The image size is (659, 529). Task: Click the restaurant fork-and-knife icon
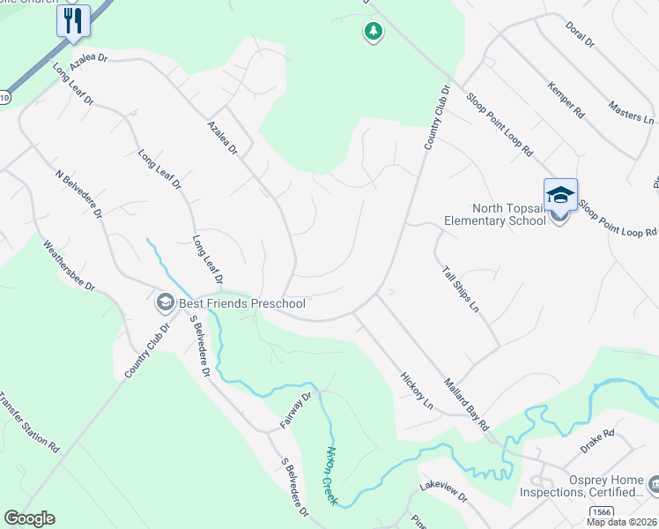(73, 20)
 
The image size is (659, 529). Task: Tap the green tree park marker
(374, 33)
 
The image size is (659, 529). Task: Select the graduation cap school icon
(560, 195)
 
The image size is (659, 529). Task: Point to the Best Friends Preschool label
(242, 303)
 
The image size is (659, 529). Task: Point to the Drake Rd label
(596, 443)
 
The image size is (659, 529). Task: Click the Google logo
(29, 518)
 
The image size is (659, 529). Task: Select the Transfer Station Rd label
(29, 422)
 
